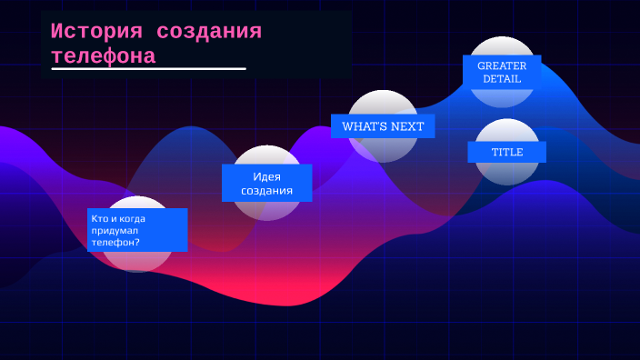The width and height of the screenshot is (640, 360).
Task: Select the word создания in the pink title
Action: point(209,31)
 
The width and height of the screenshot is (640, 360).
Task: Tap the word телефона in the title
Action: point(103,55)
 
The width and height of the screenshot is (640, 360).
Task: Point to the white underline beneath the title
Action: point(148,68)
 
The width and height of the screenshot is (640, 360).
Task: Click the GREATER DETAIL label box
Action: point(502,72)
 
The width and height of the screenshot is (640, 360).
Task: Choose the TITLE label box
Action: point(506,152)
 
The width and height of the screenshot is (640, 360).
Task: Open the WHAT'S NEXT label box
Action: point(383,126)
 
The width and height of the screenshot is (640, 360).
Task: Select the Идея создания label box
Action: point(266,183)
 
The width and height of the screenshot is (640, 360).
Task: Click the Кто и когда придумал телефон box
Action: point(137,230)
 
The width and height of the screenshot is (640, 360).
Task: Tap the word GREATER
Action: point(502,65)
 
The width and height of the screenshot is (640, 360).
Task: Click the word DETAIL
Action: point(502,79)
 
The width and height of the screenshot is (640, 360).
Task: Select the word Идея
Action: point(266,176)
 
